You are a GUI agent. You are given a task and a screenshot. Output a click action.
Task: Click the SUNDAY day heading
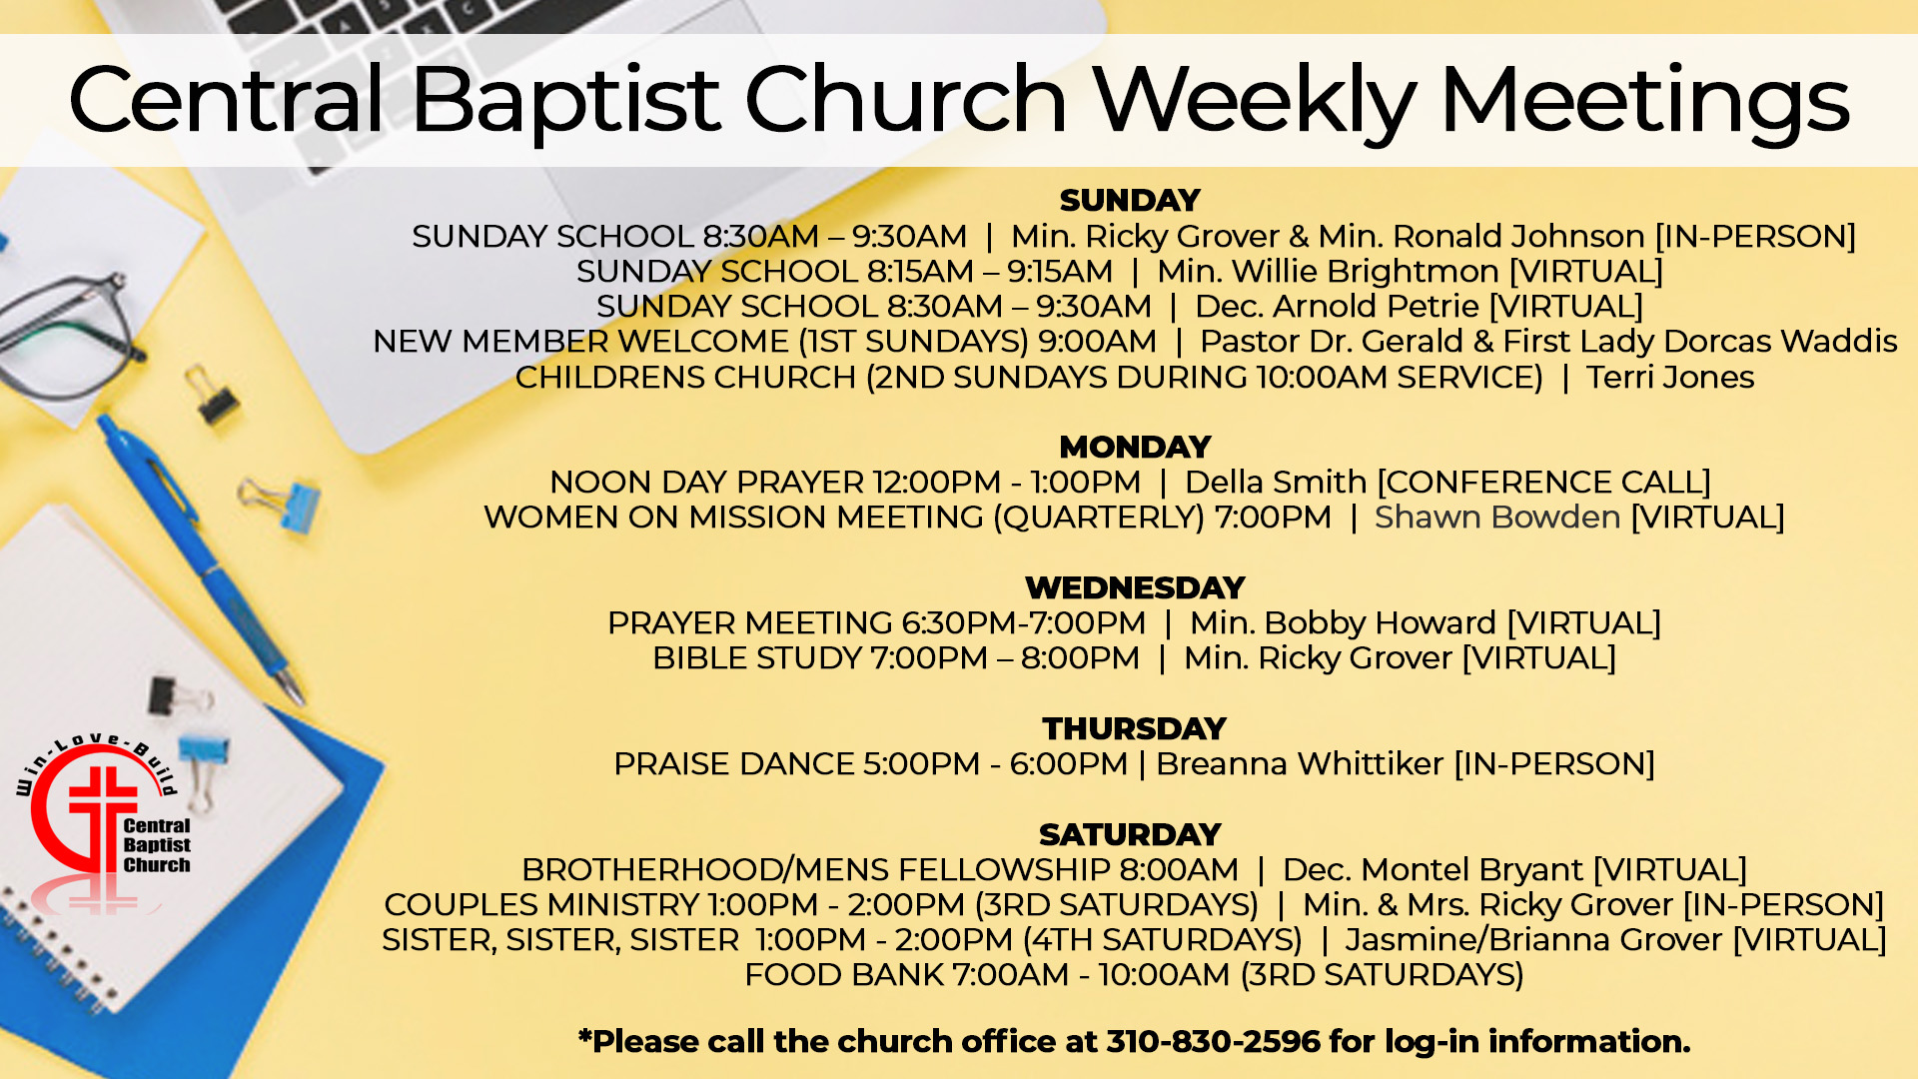[x=1130, y=201]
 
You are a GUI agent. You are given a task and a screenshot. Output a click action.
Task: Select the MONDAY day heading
[x=1135, y=447]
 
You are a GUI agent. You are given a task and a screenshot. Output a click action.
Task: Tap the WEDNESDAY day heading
[x=1135, y=587]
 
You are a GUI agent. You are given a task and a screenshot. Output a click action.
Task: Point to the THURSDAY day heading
[x=1134, y=728]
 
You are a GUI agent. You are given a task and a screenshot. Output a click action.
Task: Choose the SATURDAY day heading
[x=1130, y=834]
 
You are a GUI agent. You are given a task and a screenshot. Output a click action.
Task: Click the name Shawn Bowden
[x=1496, y=517]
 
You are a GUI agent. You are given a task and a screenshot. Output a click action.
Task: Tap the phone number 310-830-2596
[x=1214, y=1041]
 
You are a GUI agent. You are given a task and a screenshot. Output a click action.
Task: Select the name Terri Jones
[x=1670, y=377]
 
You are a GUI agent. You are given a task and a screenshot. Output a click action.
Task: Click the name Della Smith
[x=1276, y=482]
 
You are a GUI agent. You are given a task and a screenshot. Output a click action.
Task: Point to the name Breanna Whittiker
[x=1300, y=763]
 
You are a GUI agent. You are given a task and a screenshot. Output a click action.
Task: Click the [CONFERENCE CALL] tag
[x=1544, y=483]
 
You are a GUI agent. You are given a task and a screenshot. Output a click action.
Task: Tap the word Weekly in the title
[x=1254, y=101]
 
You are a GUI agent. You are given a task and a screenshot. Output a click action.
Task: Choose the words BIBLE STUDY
[x=757, y=658]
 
